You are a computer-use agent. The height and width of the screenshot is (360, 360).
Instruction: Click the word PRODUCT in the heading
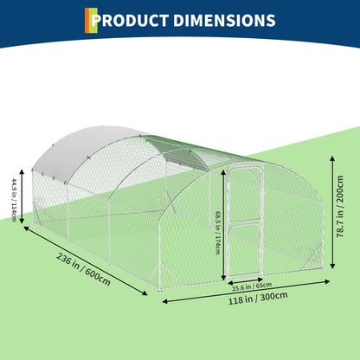[130, 21]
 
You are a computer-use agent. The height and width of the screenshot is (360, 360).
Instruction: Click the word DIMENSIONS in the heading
[224, 21]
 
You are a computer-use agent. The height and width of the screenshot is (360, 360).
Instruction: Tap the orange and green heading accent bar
[91, 20]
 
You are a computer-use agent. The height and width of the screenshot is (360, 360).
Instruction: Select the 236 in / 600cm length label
[83, 269]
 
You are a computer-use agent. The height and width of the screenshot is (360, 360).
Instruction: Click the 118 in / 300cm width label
[258, 298]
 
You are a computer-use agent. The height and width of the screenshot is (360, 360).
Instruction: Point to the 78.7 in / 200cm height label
[340, 207]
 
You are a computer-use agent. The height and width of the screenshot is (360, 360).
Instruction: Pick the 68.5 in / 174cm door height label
[219, 233]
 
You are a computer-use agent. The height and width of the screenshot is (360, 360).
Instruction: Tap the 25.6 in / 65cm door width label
[252, 286]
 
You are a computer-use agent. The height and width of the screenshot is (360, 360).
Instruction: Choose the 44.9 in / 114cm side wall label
[14, 200]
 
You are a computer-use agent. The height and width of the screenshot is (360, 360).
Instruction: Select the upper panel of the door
[245, 196]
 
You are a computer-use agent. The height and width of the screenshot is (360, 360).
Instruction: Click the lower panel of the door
[246, 250]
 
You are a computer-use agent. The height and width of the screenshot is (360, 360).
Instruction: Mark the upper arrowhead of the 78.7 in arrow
[332, 158]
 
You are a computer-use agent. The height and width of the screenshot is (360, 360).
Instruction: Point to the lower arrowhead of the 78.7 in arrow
[332, 266]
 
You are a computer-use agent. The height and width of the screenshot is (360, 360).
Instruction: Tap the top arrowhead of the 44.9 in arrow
[22, 172]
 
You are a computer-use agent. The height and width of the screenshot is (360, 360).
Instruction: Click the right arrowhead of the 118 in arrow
[327, 281]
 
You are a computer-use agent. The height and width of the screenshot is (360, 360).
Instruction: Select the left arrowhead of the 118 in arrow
[165, 301]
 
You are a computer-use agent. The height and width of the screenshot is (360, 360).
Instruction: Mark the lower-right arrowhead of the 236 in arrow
[145, 293]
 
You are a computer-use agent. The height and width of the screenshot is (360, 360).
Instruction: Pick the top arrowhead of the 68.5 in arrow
[223, 173]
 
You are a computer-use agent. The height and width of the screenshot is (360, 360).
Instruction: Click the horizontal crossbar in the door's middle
[246, 222]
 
